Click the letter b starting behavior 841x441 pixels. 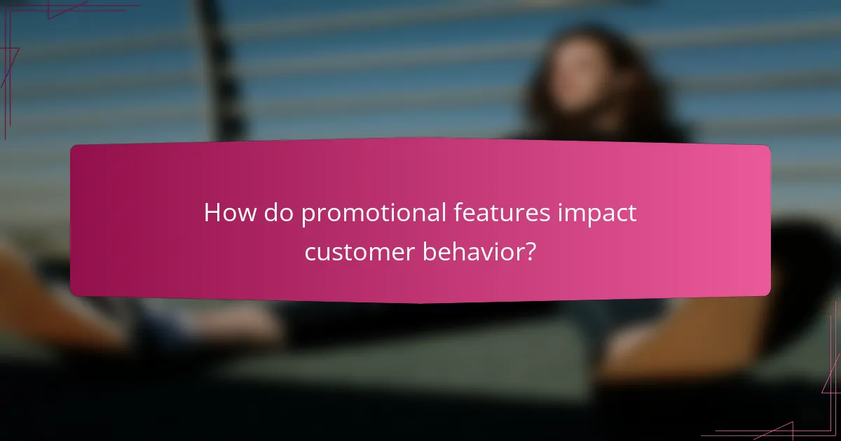428,251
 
